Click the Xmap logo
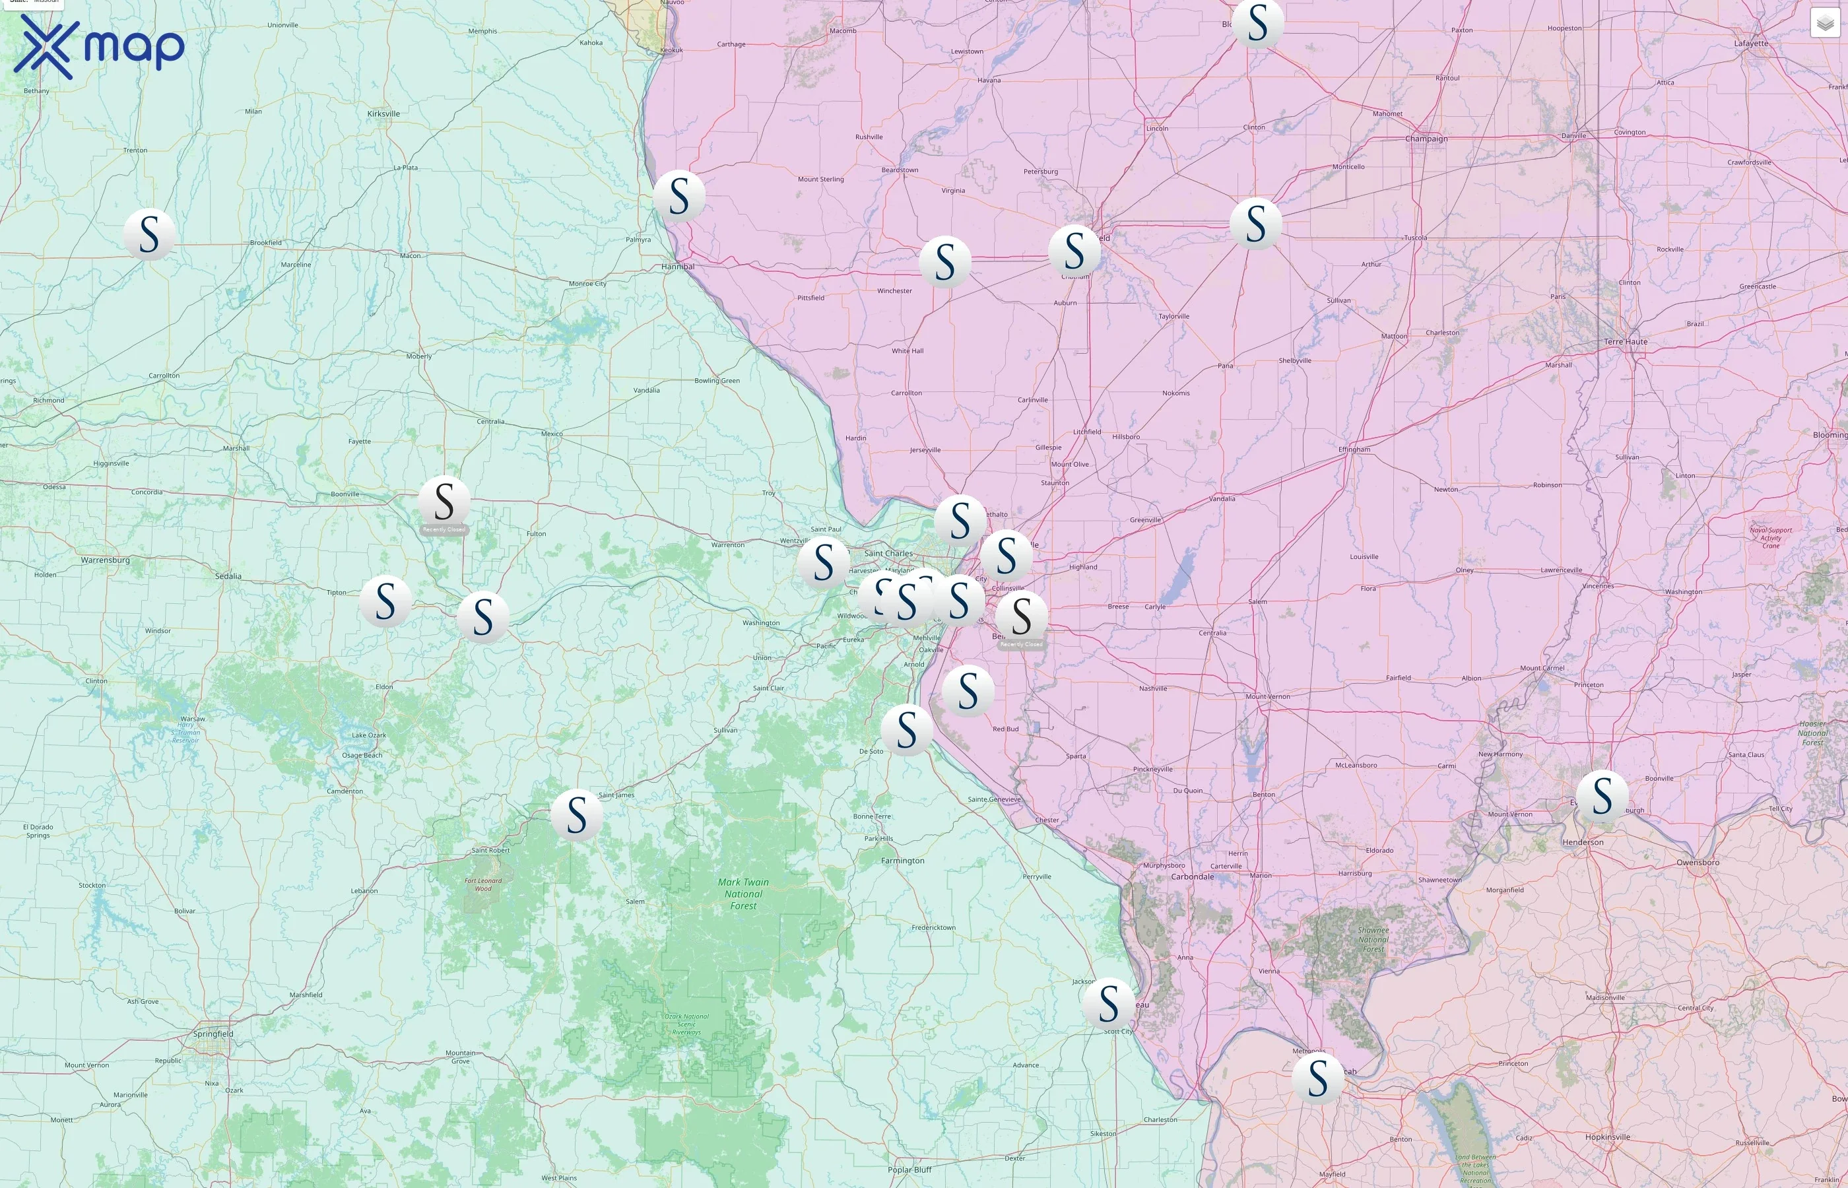pos(99,46)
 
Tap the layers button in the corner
pos(1824,24)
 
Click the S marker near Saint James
pos(576,814)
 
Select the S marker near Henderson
pos(1601,795)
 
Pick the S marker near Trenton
pos(149,234)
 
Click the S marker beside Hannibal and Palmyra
pos(678,196)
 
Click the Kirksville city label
pos(383,114)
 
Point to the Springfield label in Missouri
pos(213,1034)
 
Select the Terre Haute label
pos(1625,342)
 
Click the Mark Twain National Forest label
pos(742,894)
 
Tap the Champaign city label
pos(1426,139)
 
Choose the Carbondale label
pos(1192,876)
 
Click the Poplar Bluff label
pos(909,1170)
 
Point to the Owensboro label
pos(1697,863)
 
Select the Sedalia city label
pos(228,576)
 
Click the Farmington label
pos(902,860)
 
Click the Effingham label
pos(1354,449)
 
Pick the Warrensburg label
pos(105,560)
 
